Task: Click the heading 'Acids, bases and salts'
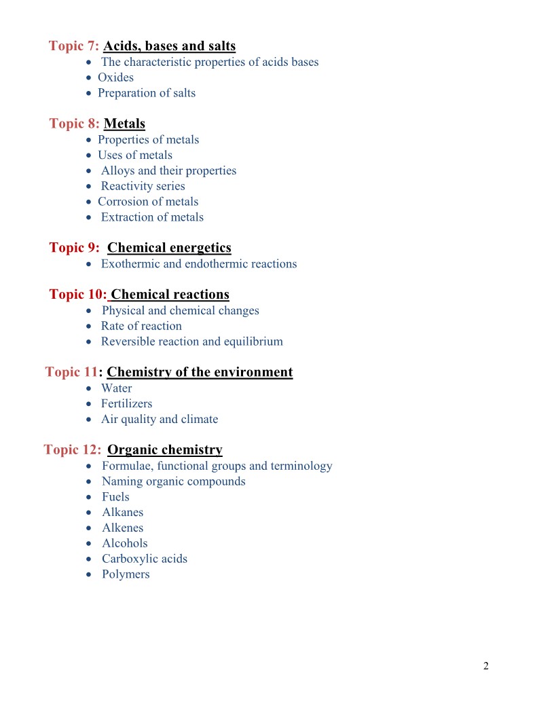point(169,46)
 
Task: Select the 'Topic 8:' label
point(75,124)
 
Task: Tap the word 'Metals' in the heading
point(124,124)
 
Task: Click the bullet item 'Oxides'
point(115,77)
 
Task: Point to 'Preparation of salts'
point(147,93)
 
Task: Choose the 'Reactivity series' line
point(143,186)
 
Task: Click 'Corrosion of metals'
point(148,202)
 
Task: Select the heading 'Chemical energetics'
point(169,248)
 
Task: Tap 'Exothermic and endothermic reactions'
point(199,264)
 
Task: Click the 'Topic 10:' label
point(78,295)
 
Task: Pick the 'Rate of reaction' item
point(141,326)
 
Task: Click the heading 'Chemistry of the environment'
point(200,372)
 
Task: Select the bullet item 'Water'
point(117,388)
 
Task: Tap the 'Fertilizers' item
point(127,404)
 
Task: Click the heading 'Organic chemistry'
point(165,449)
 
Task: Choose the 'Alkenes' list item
point(123,528)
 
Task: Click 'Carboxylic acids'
point(145,559)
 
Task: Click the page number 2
point(485,665)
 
